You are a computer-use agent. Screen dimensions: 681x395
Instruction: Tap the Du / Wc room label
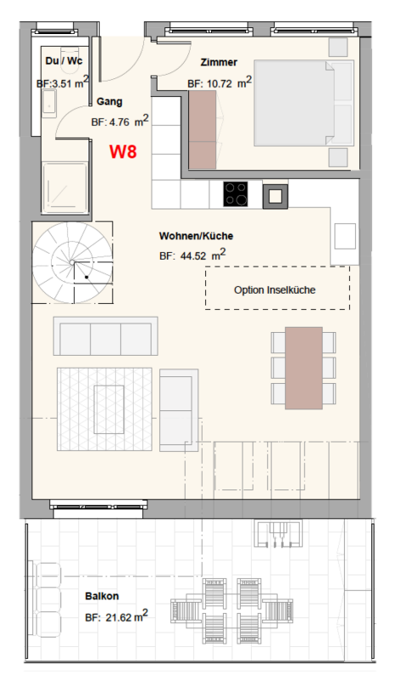(x=62, y=60)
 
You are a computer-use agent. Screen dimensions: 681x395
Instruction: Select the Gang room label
(x=110, y=100)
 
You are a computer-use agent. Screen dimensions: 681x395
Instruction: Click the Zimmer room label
(x=219, y=62)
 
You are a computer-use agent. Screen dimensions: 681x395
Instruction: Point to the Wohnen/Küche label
(x=196, y=236)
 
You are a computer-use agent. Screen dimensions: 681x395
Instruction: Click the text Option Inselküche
(x=275, y=290)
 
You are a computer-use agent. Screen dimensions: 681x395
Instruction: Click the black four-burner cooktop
(x=236, y=195)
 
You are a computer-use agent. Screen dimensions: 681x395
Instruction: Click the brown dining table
(x=303, y=368)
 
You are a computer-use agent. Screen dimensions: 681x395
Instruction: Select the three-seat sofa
(x=106, y=336)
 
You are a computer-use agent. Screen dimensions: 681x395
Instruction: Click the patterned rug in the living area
(x=106, y=408)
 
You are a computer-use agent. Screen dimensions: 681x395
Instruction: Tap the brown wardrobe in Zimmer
(x=203, y=129)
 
